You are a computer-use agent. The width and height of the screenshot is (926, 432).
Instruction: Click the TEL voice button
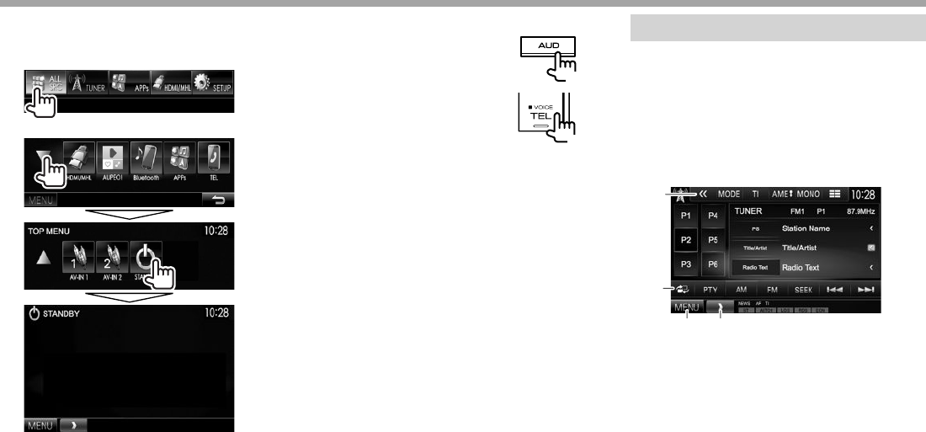[539, 115]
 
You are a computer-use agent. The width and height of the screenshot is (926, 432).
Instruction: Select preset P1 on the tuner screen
[686, 216]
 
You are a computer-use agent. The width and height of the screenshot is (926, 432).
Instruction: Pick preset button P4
[713, 216]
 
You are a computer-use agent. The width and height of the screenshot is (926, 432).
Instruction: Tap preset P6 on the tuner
[713, 264]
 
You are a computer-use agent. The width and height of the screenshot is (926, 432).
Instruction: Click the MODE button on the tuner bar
[729, 195]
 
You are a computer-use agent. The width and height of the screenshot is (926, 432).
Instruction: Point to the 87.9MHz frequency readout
[862, 211]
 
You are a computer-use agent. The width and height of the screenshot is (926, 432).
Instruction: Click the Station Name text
[806, 228]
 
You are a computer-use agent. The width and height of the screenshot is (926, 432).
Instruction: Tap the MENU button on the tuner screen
[687, 308]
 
